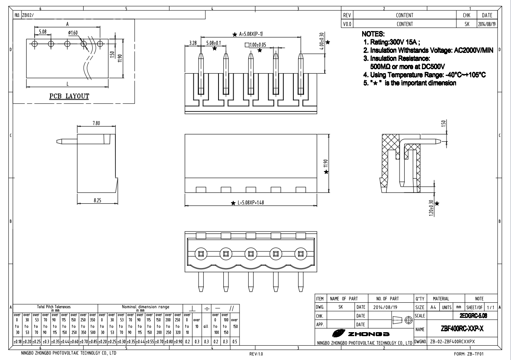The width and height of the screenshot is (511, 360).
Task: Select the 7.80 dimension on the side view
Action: [x=96, y=123]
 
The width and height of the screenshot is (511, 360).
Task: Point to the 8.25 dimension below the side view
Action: [x=97, y=200]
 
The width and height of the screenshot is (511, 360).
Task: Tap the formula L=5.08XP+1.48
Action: [x=250, y=203]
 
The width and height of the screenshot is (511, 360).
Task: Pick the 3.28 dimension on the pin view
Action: [x=193, y=42]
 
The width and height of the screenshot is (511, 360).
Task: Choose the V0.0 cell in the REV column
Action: [x=347, y=24]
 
